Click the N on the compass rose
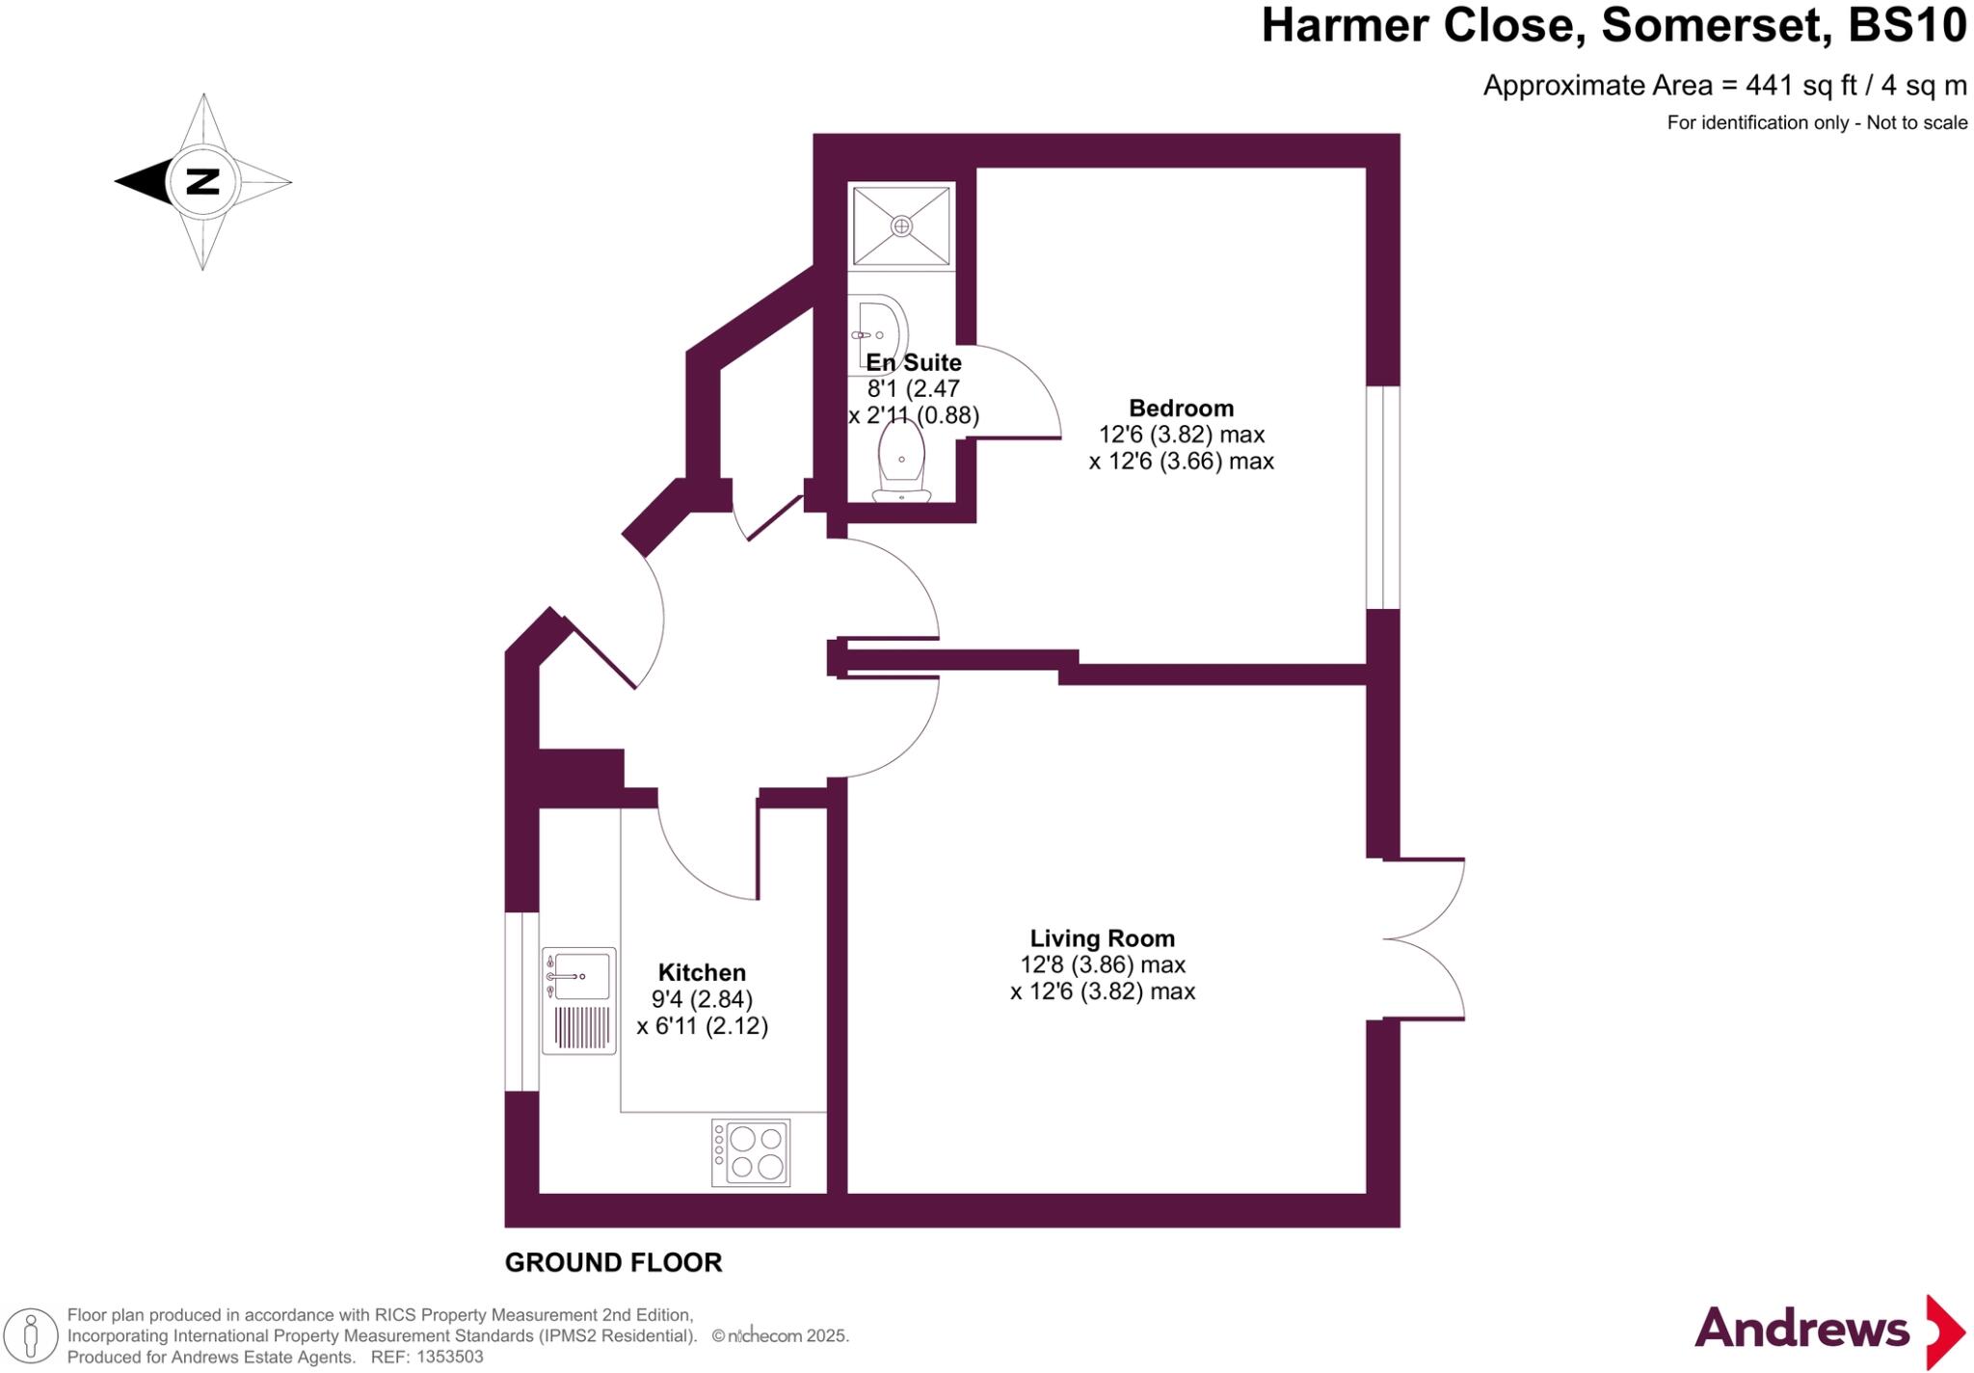[202, 181]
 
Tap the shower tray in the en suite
[901, 225]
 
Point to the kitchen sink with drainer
[578, 1000]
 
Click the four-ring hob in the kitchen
[751, 1152]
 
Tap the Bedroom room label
[1181, 409]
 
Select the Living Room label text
[1102, 938]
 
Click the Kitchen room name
[702, 972]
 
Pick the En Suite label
[913, 363]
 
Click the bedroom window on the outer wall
[1383, 497]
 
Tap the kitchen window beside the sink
[522, 1001]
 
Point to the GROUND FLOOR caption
[613, 1262]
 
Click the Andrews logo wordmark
[1801, 1330]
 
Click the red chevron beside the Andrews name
[1944, 1332]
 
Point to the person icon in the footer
[32, 1336]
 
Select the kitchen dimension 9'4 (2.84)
[702, 999]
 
